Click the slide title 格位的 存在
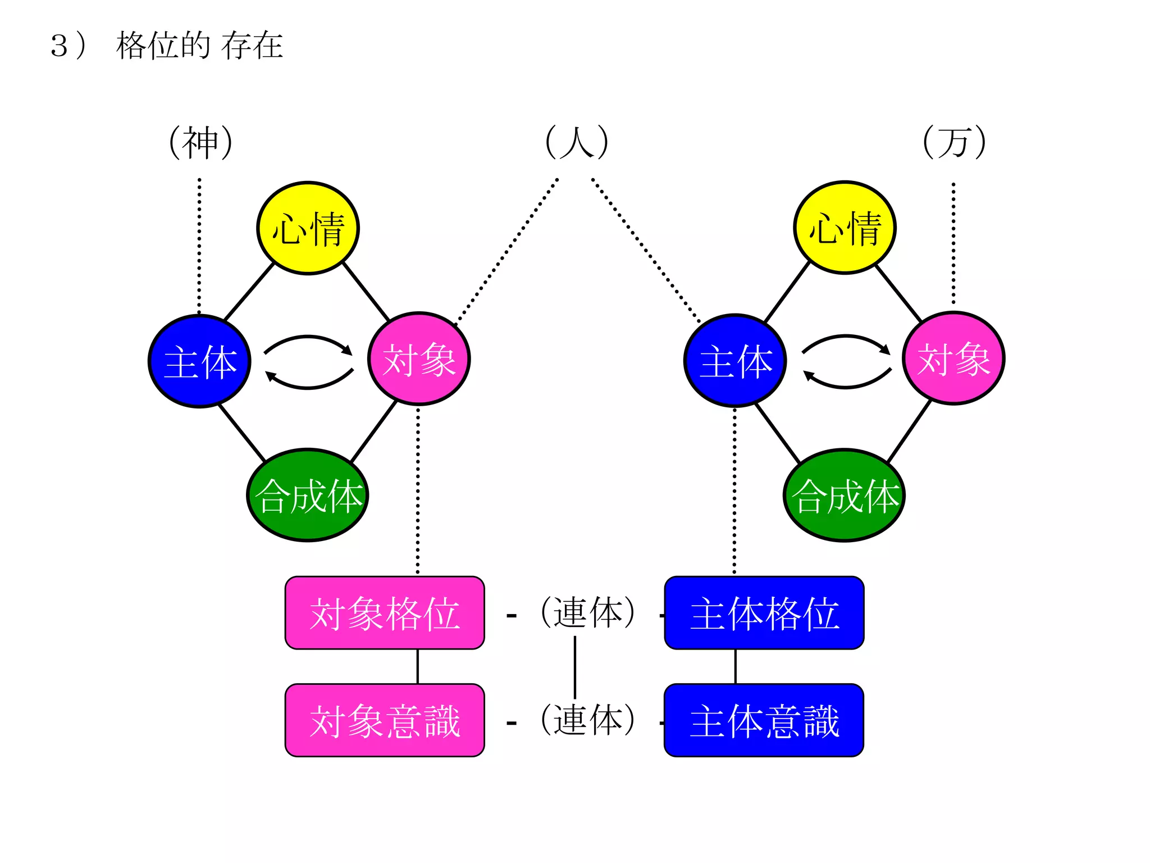coord(199,46)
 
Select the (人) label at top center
coord(577,142)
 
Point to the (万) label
coord(954,142)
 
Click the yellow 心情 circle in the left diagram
coord(308,228)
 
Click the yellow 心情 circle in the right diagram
coord(845,228)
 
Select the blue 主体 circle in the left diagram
coord(199,361)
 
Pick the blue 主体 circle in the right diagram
coord(735,361)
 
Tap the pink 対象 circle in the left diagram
coord(419,359)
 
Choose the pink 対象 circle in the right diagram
coord(953,358)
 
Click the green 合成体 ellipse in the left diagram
coord(308,495)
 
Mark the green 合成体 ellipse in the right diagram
coord(845,495)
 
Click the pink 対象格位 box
coord(385,613)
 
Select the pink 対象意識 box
coord(385,720)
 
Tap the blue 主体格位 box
coord(764,613)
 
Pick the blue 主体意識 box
coord(764,720)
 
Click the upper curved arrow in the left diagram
coord(308,339)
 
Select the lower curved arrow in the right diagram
coord(846,384)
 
